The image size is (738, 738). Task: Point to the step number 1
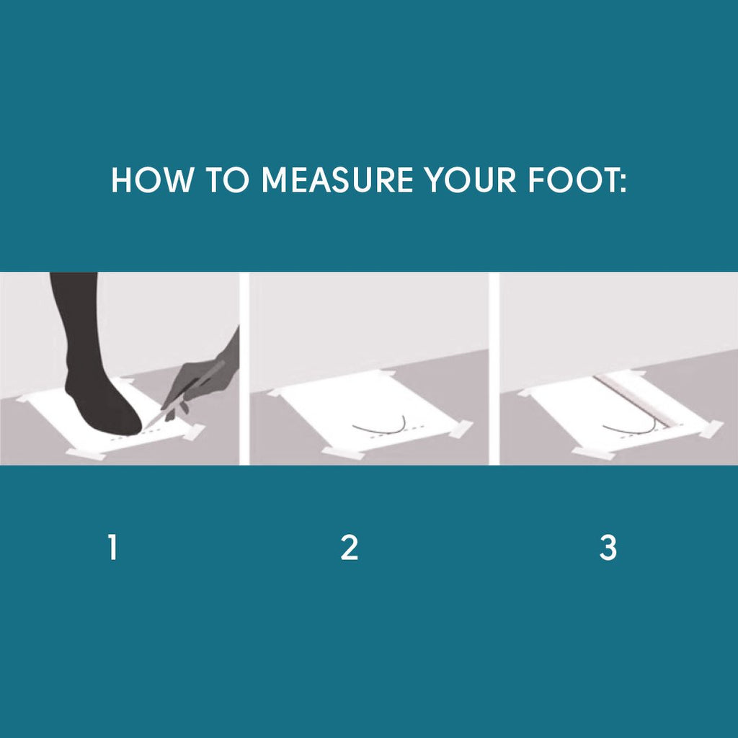coord(112,548)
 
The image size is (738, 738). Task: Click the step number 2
coord(350,548)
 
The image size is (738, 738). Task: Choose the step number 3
coord(608,548)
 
